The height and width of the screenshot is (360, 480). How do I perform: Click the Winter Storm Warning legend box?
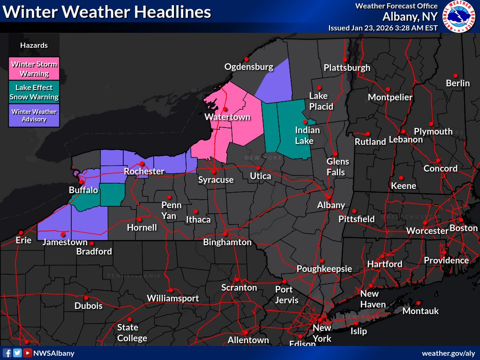(x=34, y=69)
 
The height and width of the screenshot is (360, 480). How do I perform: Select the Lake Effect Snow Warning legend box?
(x=34, y=92)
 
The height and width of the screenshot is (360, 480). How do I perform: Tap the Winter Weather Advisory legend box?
(x=34, y=115)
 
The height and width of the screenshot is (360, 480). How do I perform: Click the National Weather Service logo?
(x=460, y=17)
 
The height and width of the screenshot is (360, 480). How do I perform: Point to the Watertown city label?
(x=227, y=117)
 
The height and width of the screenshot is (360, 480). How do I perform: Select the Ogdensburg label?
(x=248, y=67)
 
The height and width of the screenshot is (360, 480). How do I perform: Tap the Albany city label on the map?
(x=331, y=205)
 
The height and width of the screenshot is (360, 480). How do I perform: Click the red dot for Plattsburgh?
(x=345, y=60)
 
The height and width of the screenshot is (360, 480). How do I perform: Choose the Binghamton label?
(x=227, y=242)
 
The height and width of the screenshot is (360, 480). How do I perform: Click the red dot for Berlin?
(x=455, y=75)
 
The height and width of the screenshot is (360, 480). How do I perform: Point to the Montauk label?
(x=420, y=311)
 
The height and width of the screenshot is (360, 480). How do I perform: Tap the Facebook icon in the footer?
(x=7, y=353)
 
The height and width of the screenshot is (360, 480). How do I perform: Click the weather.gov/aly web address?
(x=448, y=353)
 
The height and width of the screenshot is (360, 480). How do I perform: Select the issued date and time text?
(x=383, y=28)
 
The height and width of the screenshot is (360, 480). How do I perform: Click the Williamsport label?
(x=172, y=298)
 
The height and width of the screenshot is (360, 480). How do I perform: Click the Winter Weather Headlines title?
(x=107, y=11)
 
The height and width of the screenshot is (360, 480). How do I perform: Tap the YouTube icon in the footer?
(x=28, y=353)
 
